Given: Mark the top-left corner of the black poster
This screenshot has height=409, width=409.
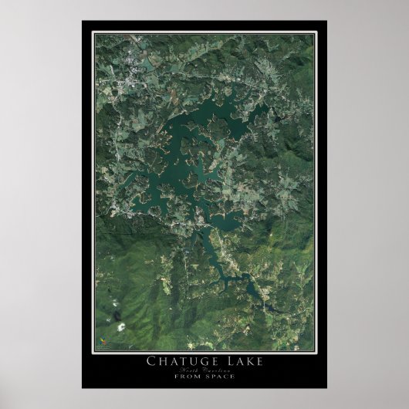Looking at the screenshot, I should point(82,21).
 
